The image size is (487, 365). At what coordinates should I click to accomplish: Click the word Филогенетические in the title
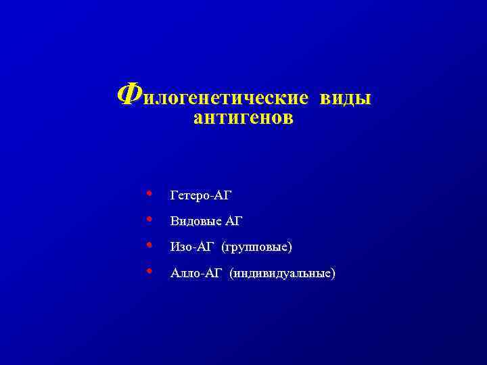[x=212, y=97]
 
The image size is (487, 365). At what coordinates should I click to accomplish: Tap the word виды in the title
[x=345, y=98]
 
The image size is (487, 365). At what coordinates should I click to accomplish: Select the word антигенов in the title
[x=243, y=119]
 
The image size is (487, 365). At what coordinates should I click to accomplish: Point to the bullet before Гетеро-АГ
[x=149, y=194]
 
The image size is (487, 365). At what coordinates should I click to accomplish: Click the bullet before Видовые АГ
[x=149, y=220]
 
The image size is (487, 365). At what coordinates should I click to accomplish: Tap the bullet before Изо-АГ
[x=149, y=245]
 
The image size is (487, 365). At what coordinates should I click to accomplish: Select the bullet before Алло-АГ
[x=149, y=272]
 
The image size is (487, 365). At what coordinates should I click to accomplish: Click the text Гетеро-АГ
[x=202, y=195]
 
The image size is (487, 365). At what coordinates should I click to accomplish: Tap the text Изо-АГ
[x=192, y=247]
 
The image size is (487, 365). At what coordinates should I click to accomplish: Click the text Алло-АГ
[x=195, y=273]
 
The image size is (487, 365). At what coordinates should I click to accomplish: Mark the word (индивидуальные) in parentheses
[x=282, y=273]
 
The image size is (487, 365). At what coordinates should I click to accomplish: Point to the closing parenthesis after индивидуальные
[x=332, y=274]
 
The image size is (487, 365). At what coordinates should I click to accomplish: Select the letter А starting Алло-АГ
[x=175, y=273]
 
